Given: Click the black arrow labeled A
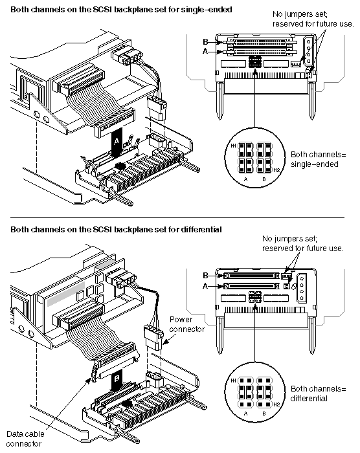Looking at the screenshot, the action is click(117, 142).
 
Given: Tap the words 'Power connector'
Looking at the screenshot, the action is click(186, 324).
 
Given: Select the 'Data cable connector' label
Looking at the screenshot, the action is click(25, 439).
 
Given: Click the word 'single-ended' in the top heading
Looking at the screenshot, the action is click(207, 10).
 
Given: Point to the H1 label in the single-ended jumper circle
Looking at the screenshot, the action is click(233, 146).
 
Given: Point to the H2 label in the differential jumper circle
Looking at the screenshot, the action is click(276, 404).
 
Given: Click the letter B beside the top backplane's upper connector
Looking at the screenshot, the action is click(205, 42).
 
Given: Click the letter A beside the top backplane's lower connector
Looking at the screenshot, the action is click(205, 51).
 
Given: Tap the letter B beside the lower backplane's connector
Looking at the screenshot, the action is click(205, 276).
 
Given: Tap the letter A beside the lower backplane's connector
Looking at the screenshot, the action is click(205, 286).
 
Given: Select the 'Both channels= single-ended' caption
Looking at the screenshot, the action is click(318, 159).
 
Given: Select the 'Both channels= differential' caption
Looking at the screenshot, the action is click(318, 393).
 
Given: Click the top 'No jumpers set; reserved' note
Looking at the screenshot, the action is click(313, 19).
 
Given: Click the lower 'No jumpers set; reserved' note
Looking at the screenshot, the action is click(303, 243).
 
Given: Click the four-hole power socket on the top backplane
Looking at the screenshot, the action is click(309, 51).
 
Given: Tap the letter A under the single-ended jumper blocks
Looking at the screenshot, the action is click(246, 179).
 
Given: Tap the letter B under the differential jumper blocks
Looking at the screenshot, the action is click(264, 414).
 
